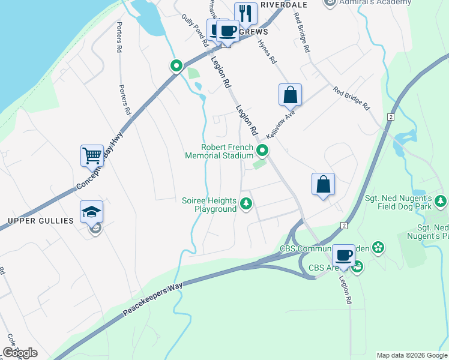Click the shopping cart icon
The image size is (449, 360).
tap(92, 156)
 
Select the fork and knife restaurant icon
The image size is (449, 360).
tap(246, 13)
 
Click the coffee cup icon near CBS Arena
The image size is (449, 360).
tap(344, 256)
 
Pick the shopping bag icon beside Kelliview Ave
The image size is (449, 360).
tap(290, 95)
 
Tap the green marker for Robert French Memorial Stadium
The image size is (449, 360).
tap(262, 151)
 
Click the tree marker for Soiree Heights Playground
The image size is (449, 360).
tap(246, 205)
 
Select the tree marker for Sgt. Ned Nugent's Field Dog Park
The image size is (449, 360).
tap(441, 200)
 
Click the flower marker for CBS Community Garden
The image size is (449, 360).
tap(378, 247)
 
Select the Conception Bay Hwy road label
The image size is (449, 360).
tap(99, 162)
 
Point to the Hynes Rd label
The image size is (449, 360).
tap(267, 52)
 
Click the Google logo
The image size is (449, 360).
tap(20, 352)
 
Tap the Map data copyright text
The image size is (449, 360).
tap(411, 355)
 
